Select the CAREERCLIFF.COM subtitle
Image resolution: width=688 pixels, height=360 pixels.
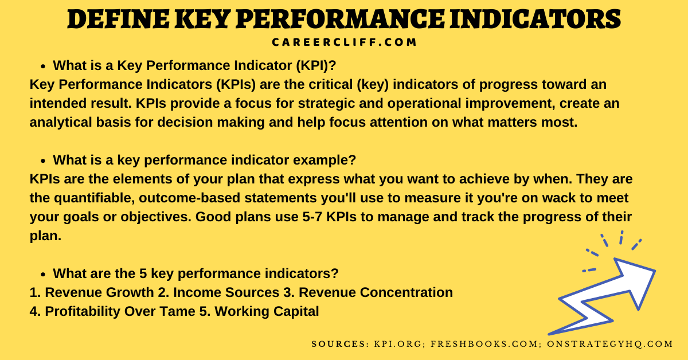344,42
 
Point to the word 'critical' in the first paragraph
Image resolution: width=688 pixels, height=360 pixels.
325,85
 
